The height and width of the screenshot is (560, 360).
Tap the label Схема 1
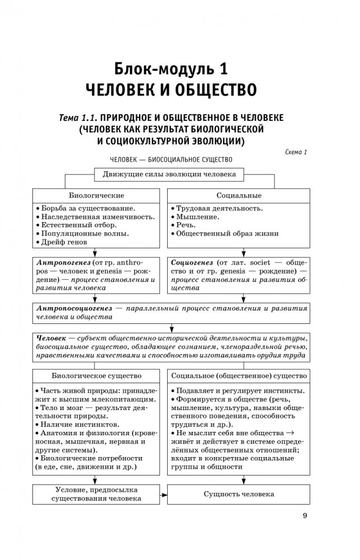[297, 151]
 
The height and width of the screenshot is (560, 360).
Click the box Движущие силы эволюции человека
[169, 174]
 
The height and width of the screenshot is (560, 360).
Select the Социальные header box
[239, 196]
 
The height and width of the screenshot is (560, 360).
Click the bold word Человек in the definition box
[51, 339]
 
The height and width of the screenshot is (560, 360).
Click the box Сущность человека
[239, 495]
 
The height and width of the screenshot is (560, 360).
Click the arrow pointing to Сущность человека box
[163, 495]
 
